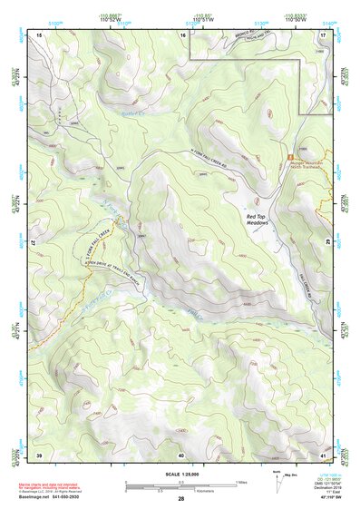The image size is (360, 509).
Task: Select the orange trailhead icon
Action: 291,157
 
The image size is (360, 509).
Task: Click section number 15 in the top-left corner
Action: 40,34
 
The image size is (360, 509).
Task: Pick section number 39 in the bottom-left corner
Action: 40,453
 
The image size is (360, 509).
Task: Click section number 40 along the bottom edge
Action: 181,453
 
